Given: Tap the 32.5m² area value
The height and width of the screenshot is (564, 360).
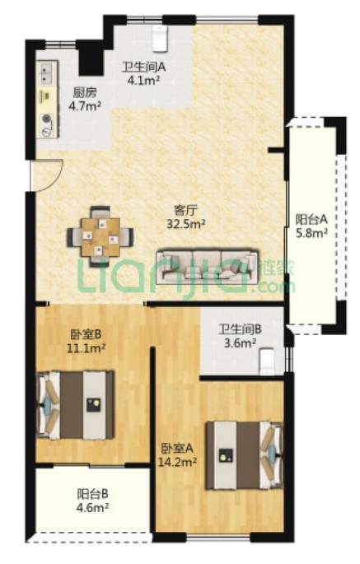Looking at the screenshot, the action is coord(185,225).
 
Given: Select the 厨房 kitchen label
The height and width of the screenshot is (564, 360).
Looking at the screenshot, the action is coord(85,93).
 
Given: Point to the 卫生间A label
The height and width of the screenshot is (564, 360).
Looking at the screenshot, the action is coord(143,67).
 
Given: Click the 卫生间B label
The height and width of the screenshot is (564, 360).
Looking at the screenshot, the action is coord(241,329).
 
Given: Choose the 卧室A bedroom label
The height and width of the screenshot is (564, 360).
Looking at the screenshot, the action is coord(177,448).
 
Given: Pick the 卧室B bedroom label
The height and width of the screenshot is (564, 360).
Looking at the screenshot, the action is coord(86,334).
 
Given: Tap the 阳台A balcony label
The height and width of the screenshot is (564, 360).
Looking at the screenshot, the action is coord(311,219).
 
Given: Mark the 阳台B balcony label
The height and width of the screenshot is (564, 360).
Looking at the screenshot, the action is coord(93,494).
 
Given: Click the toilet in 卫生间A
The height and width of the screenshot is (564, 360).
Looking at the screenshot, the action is coord(160,39).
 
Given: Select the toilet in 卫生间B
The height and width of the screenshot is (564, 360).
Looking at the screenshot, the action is coord(268,361).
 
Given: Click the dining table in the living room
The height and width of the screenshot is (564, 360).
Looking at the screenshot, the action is coord(100,237).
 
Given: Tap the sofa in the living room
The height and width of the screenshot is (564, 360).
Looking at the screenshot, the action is coord(207,266).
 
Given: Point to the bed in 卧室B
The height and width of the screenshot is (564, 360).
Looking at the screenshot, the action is coord(76,405).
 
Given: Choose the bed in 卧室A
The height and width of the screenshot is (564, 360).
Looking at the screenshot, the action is coord(244,456).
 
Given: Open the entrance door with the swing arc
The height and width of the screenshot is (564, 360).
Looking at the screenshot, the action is coord(47,175).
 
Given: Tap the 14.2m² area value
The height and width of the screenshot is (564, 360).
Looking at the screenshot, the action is coord(177,462).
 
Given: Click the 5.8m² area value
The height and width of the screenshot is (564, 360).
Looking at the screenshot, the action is coord(311,233).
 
